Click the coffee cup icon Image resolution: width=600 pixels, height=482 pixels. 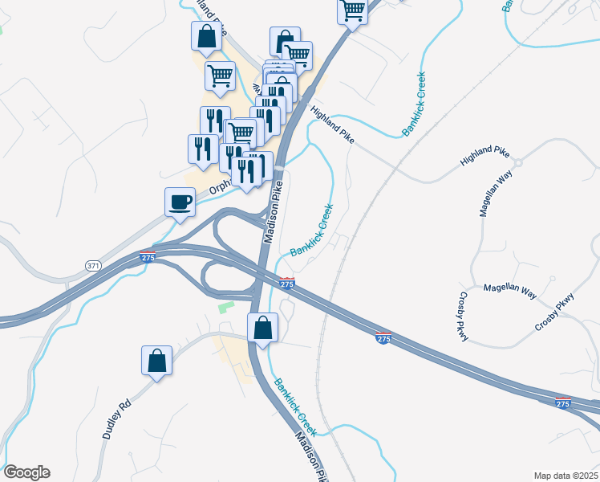coord(180,201)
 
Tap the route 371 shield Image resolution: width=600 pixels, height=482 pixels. coord(94,265)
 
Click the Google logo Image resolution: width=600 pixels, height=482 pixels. coord(26,472)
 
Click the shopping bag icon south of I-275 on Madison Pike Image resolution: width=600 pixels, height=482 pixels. coord(262,328)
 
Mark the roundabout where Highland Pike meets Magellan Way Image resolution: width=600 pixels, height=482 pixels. coord(518,162)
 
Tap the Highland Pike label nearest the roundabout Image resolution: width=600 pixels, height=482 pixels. coord(484,157)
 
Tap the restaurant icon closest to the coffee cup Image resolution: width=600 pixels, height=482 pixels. coord(201,149)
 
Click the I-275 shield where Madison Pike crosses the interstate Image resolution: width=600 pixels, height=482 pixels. coord(287,284)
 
